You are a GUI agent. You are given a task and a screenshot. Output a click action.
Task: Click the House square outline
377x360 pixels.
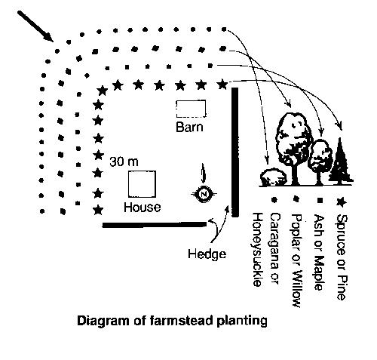coord(128,184)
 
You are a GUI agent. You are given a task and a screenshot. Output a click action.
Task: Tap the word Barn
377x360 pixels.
coord(189,127)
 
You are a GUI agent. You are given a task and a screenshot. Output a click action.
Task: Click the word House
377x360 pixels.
coord(143,208)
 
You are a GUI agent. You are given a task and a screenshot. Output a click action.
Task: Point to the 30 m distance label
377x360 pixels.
coord(124,162)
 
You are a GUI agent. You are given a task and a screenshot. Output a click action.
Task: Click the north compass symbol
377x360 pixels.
coord(204,194)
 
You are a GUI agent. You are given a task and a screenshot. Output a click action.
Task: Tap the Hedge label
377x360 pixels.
coord(207,254)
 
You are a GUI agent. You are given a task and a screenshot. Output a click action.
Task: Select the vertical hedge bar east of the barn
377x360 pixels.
coord(235,152)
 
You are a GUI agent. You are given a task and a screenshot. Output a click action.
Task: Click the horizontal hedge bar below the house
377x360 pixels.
coord(155,225)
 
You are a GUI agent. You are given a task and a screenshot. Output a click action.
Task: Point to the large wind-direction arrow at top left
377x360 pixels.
coord(35,26)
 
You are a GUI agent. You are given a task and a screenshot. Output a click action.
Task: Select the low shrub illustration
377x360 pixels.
coord(274,177)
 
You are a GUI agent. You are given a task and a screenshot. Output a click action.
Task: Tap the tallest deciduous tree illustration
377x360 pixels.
coord(294,149)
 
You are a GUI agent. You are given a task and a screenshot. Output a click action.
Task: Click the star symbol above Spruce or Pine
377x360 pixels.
coord(341,202)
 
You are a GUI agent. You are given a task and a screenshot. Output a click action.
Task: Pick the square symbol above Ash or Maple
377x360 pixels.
coord(320,201)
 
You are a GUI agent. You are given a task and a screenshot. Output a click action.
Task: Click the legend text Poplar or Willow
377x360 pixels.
coord(297,260)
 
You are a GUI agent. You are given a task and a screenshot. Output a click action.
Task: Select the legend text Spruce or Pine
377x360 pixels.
coord(342,257)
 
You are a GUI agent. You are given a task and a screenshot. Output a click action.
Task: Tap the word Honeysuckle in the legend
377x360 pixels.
coord(257,250)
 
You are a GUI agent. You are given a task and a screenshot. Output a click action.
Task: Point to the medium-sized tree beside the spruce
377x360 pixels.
coord(320,161)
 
